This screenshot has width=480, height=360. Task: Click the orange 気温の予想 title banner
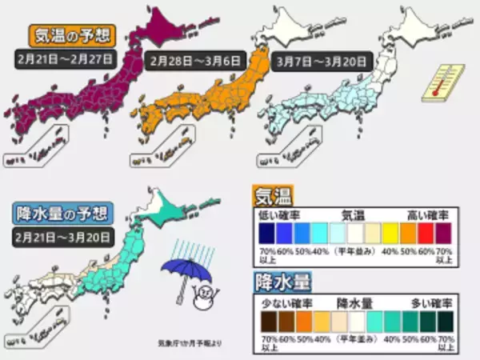pos(70,36)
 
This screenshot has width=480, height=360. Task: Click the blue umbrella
pos(179,271)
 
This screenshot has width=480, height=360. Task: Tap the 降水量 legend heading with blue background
pos(279,282)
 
